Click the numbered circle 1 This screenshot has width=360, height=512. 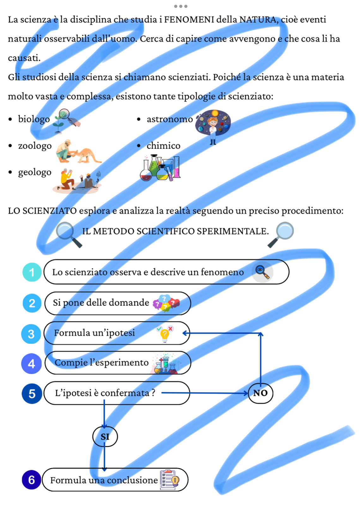(x=32, y=272)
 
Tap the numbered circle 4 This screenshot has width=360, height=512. (x=31, y=363)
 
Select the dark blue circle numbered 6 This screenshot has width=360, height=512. (x=32, y=479)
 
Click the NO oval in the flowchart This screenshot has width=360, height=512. (x=260, y=393)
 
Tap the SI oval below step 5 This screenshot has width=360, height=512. (x=105, y=436)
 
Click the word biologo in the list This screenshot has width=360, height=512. (x=34, y=119)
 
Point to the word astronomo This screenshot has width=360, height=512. (x=170, y=119)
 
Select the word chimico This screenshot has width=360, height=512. (x=163, y=146)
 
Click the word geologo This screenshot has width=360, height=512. (x=35, y=172)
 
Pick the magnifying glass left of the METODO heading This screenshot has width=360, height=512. (x=69, y=235)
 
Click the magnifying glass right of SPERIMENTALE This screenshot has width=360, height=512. (x=281, y=235)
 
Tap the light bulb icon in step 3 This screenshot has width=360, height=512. (x=165, y=335)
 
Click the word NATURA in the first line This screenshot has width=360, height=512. (x=259, y=20)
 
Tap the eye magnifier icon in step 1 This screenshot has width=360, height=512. (x=262, y=272)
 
